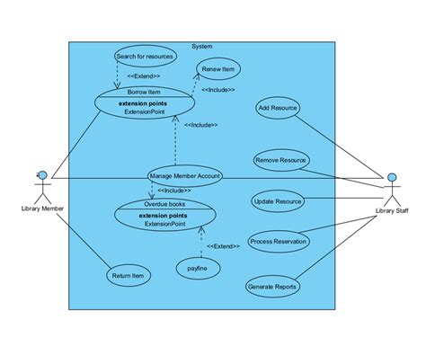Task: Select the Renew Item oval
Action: pyautogui.click(x=218, y=69)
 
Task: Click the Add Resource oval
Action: pyautogui.click(x=278, y=108)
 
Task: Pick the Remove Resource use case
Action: pyautogui.click(x=280, y=160)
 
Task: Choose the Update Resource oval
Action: pyautogui.click(x=277, y=201)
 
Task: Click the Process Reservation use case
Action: pyautogui.click(x=279, y=241)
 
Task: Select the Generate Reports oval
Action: pyautogui.click(x=272, y=287)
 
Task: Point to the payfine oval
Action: pyautogui.click(x=198, y=267)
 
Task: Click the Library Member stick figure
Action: pyautogui.click(x=40, y=187)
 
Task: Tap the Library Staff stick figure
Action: pyautogui.click(x=393, y=189)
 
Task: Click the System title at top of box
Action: pyautogui.click(x=202, y=46)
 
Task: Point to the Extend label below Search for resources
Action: pyautogui.click(x=144, y=76)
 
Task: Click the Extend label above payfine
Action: pyautogui.click(x=222, y=245)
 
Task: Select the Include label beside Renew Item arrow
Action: pyautogui.click(x=217, y=90)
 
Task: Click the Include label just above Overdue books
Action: pyautogui.click(x=173, y=191)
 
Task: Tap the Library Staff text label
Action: pyautogui.click(x=393, y=212)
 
